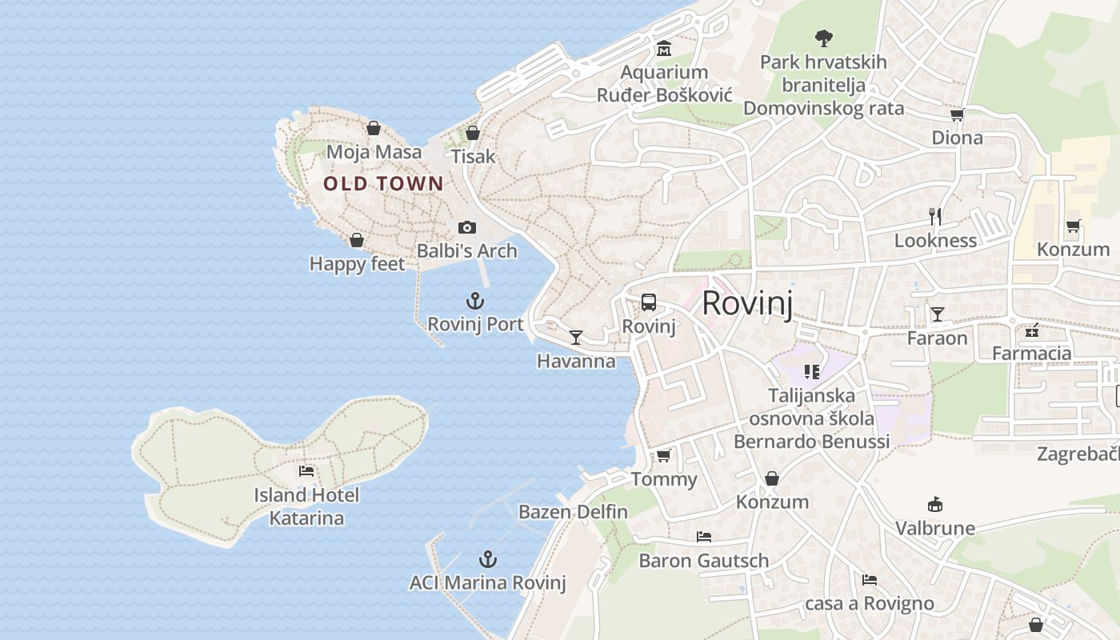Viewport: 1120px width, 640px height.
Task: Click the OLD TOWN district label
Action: coord(382,184)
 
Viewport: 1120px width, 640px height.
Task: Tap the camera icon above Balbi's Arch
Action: coord(467,228)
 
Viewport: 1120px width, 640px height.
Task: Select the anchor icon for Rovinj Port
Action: coord(475,301)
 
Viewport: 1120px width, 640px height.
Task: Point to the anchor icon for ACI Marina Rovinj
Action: coord(487,559)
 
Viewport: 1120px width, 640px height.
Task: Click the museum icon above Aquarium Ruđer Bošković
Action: coord(663,50)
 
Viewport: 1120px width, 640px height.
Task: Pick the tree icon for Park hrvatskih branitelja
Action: coord(823,38)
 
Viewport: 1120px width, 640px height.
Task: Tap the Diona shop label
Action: coord(957,138)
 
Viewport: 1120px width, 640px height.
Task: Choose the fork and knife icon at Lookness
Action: coord(935,216)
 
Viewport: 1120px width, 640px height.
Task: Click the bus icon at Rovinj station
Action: coord(649,302)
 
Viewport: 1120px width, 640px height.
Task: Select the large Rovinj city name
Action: coord(747,304)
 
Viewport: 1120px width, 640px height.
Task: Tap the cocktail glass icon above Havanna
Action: coord(576,337)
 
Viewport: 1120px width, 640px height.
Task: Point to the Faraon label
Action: coord(937,338)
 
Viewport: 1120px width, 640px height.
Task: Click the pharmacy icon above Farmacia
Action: coord(1031,330)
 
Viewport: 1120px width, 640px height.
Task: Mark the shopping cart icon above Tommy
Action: coord(663,456)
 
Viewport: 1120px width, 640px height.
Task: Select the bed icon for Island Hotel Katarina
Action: coord(306,470)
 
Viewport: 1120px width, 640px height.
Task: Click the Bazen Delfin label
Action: coord(573,511)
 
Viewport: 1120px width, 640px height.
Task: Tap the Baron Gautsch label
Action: coord(703,561)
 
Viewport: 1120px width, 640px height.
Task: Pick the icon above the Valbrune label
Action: coord(934,504)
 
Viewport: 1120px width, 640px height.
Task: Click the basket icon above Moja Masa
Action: coord(374,128)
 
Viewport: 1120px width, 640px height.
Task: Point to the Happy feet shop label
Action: coord(357,263)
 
